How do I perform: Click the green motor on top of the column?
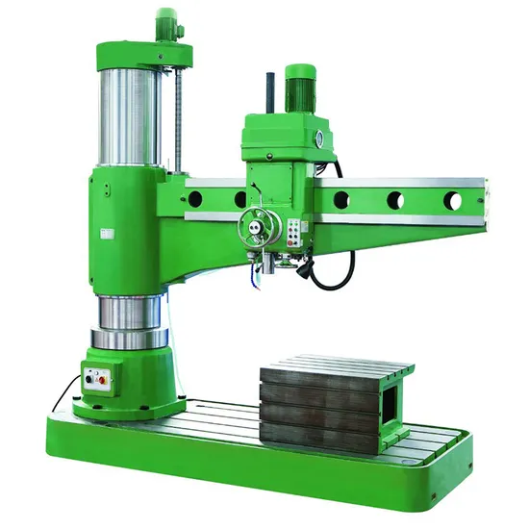coord(167,24)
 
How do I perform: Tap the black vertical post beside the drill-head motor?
coord(271,95)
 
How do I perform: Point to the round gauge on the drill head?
coord(316,139)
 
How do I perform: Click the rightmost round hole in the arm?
coord(453,201)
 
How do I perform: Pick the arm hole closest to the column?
coord(195,198)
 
